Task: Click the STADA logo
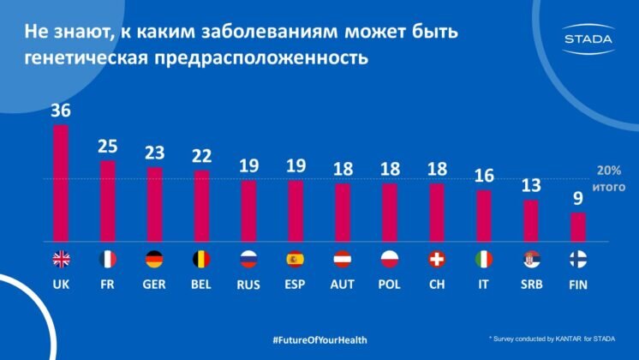point(588,39)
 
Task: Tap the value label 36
point(61,111)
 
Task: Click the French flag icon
point(108,258)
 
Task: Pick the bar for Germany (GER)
point(155,205)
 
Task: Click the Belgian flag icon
point(201,258)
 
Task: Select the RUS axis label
point(248,285)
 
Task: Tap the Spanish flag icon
point(295,258)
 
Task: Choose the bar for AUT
point(342,213)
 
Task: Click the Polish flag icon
point(388,258)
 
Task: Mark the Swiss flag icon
point(435,258)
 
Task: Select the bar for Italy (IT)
point(482,216)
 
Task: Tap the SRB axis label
point(529,285)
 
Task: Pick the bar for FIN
point(577,227)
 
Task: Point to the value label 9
point(577,199)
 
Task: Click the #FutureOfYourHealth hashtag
point(319,339)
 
